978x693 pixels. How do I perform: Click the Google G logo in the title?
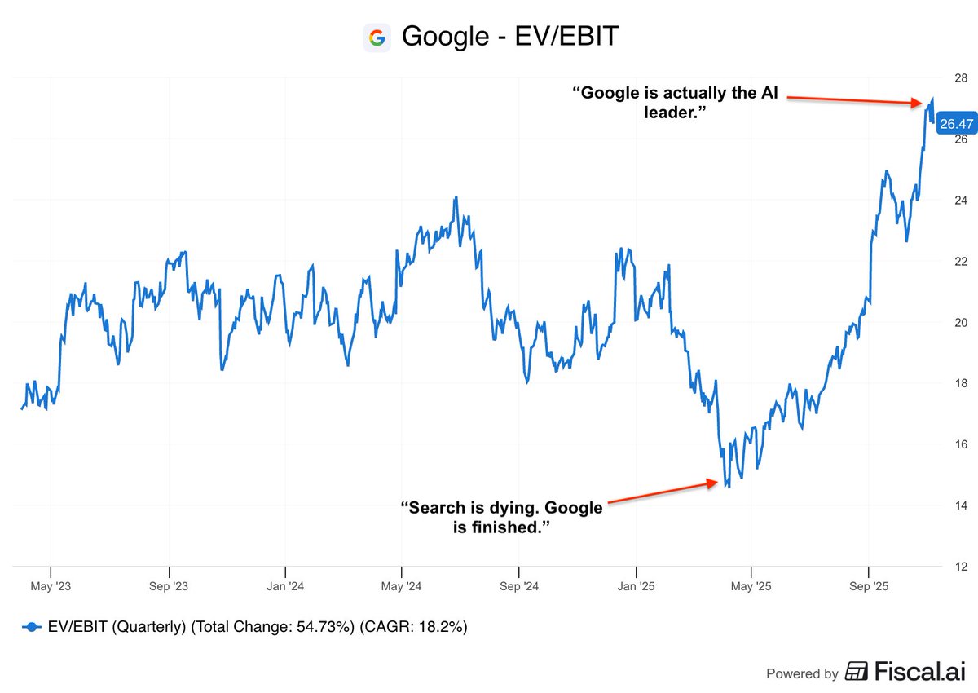(x=377, y=38)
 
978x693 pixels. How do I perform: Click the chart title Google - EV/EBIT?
(x=511, y=38)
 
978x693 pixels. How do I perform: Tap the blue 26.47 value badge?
(x=956, y=124)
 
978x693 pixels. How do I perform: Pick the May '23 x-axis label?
(x=51, y=586)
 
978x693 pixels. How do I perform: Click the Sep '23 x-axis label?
(x=170, y=586)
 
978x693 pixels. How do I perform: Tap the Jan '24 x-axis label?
(x=286, y=586)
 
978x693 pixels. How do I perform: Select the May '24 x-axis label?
(x=402, y=586)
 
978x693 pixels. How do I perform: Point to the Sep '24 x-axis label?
(x=519, y=586)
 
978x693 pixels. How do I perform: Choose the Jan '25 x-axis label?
(x=636, y=586)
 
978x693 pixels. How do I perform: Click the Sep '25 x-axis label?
(x=869, y=586)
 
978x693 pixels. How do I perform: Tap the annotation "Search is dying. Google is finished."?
(x=501, y=518)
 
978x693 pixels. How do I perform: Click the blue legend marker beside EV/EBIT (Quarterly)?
(x=32, y=627)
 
